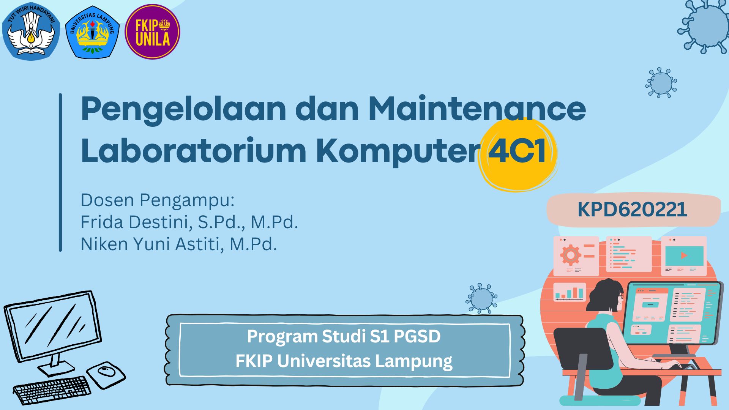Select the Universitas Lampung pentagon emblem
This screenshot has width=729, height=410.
coord(92,32)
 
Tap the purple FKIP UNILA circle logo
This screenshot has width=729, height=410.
coord(152,32)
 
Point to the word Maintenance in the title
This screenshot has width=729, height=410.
coord(477,109)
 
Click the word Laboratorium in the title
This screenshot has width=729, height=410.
coord(194,150)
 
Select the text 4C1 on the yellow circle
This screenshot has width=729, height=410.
coord(517,151)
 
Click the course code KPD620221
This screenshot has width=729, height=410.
coord(632,210)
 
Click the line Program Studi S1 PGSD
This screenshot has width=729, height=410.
coord(344,336)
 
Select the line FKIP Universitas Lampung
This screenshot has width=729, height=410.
coord(344,361)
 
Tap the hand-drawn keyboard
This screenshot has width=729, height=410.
coord(52,390)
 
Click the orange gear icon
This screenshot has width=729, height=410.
coord(571,255)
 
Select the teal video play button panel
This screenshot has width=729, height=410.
coord(684,256)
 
